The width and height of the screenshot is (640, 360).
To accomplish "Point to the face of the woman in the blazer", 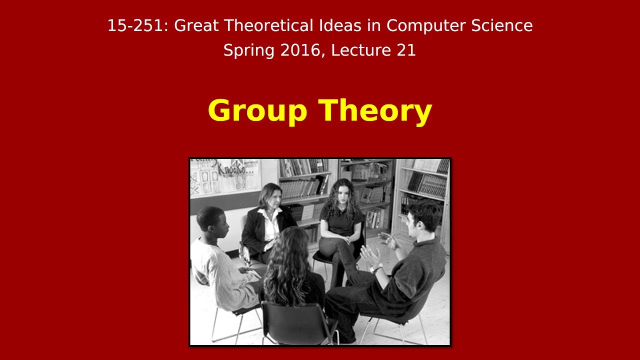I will click(270, 196).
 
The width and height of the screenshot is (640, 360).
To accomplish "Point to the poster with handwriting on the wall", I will click(225, 175).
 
